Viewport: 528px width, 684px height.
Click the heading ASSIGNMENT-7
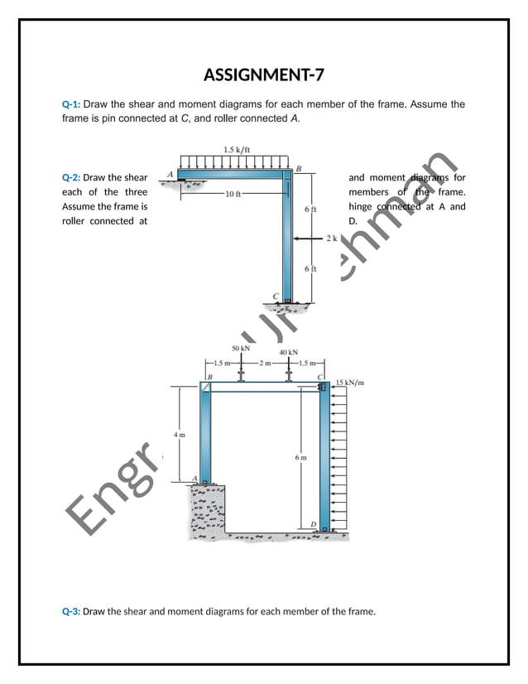pos(263,76)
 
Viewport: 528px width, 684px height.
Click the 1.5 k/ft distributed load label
pos(237,150)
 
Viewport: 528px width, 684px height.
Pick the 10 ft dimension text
pos(233,194)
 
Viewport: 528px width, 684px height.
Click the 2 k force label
pos(332,238)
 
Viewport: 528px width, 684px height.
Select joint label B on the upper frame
pos(299,169)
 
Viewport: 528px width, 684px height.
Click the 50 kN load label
pos(241,349)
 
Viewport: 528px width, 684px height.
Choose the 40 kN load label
pos(288,353)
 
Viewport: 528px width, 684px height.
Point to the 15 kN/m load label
pos(351,383)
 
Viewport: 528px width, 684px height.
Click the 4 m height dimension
pos(180,434)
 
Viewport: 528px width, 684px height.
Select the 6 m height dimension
pos(301,457)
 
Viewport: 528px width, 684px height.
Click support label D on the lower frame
pos(313,523)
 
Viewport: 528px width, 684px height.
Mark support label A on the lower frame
pos(195,479)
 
